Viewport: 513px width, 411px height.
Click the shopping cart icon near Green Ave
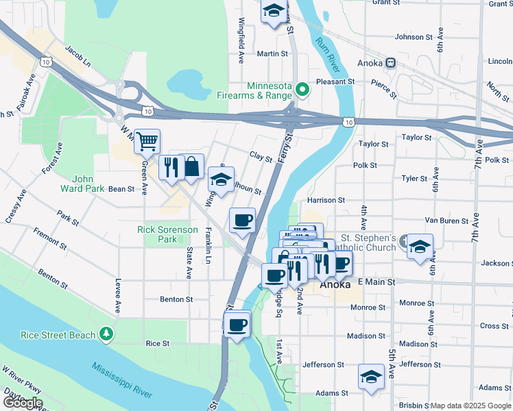[x=147, y=142]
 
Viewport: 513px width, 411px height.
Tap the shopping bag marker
[x=191, y=166]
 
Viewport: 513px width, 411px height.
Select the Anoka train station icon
[x=390, y=62]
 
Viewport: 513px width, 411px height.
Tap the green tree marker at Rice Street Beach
[x=106, y=334]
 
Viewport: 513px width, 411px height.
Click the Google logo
[x=22, y=403]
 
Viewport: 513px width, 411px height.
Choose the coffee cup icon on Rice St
[x=237, y=324]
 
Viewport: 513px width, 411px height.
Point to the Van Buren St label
[x=446, y=221]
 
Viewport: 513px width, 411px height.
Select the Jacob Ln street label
[x=77, y=55]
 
